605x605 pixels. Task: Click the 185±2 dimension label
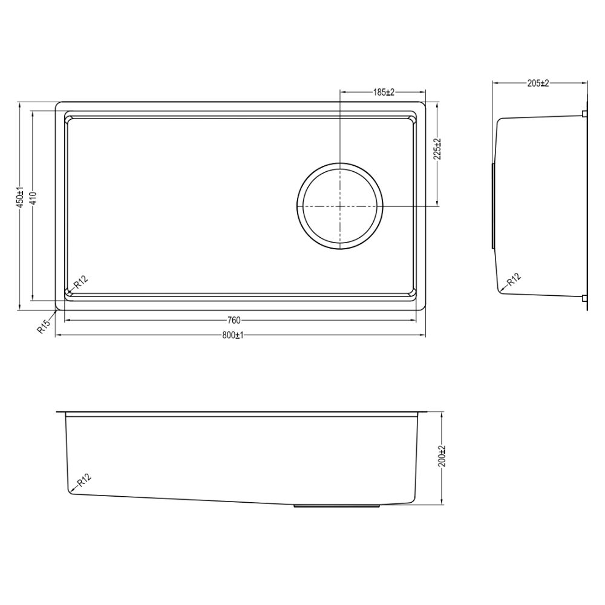(383, 92)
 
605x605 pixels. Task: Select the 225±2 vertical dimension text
(437, 148)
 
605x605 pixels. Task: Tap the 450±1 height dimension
(19, 197)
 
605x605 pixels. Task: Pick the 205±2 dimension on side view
(537, 83)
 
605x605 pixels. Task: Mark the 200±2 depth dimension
(442, 456)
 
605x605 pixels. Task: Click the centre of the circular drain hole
(340, 206)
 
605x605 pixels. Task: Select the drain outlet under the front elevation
(337, 505)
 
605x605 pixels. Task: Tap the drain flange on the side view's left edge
(493, 205)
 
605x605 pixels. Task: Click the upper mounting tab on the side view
(583, 114)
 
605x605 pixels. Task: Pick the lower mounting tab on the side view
(583, 298)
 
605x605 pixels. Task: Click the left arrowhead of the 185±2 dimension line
(342, 92)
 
